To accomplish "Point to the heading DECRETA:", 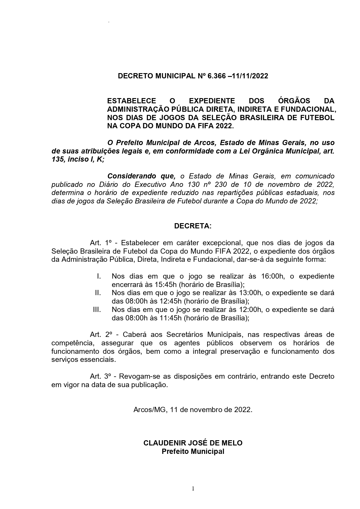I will [x=193, y=226].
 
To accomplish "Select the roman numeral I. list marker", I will [x=99, y=276].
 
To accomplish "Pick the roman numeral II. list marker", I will [x=98, y=293].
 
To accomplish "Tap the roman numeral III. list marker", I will [x=97, y=310].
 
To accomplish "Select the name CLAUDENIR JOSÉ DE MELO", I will [x=193, y=443].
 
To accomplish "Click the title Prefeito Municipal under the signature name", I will [x=193, y=452].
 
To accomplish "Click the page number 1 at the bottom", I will [x=193, y=489].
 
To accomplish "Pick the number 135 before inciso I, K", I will [x=57, y=159].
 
